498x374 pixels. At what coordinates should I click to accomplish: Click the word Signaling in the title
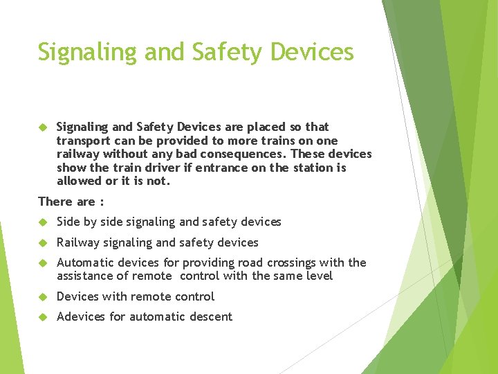pyautogui.click(x=78, y=53)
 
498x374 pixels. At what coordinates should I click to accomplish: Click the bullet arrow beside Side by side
pyautogui.click(x=42, y=222)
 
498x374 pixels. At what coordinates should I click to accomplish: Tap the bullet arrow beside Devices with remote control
pyautogui.click(x=42, y=297)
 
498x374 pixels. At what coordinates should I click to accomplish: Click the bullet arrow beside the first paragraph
pyautogui.click(x=42, y=127)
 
